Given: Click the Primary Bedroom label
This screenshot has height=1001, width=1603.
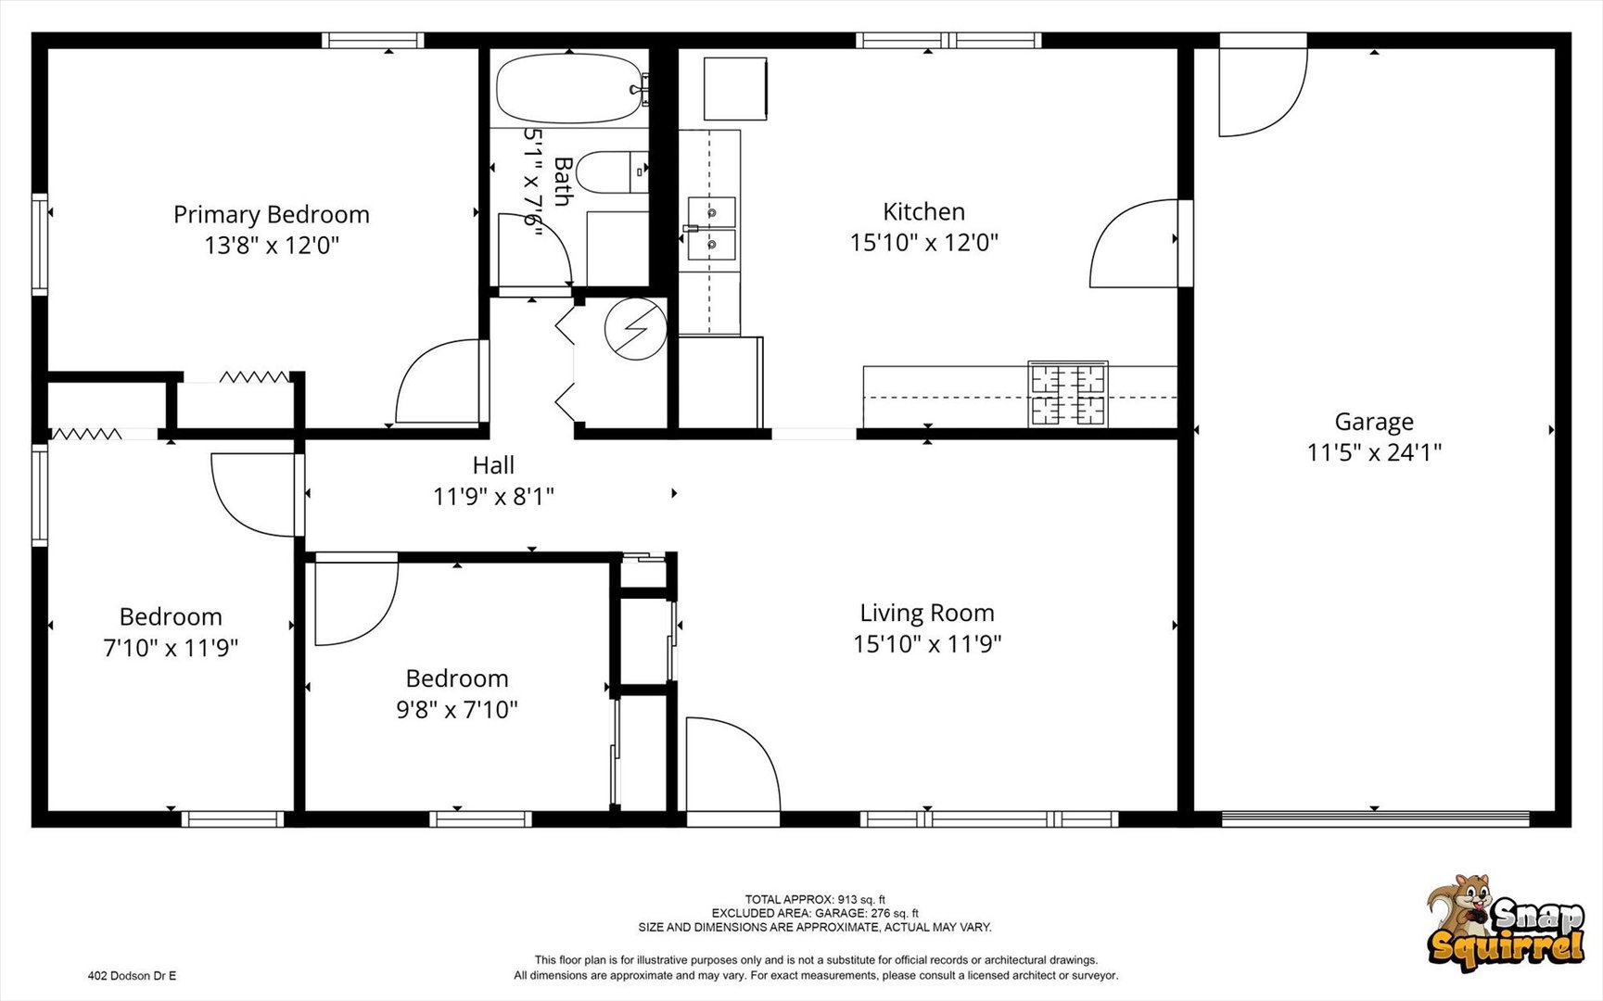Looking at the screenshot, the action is click(272, 215).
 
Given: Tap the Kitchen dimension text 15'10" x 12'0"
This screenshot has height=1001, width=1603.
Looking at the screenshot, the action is click(924, 243).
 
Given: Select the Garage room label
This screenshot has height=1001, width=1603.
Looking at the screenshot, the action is click(1374, 423).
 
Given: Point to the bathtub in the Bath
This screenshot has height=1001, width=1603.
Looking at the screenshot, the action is click(569, 89).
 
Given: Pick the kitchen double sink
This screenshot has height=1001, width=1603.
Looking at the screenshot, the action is click(711, 229).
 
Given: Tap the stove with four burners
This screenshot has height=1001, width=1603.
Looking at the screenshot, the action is click(1068, 394).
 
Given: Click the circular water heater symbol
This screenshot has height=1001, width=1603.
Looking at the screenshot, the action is click(636, 328).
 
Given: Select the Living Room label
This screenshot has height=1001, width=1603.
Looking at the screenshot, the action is click(927, 614).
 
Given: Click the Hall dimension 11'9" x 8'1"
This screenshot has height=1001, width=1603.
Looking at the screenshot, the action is click(493, 497).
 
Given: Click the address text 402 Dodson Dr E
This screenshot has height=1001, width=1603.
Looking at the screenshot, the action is click(132, 976).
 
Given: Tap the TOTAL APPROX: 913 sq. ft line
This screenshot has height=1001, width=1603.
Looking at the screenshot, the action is click(815, 899).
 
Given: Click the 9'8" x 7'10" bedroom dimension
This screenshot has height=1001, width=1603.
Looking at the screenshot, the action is click(457, 710).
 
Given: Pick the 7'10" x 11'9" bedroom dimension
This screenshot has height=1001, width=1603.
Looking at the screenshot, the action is click(171, 648).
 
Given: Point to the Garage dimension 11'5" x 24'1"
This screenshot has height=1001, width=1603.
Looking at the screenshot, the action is click(1374, 453).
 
